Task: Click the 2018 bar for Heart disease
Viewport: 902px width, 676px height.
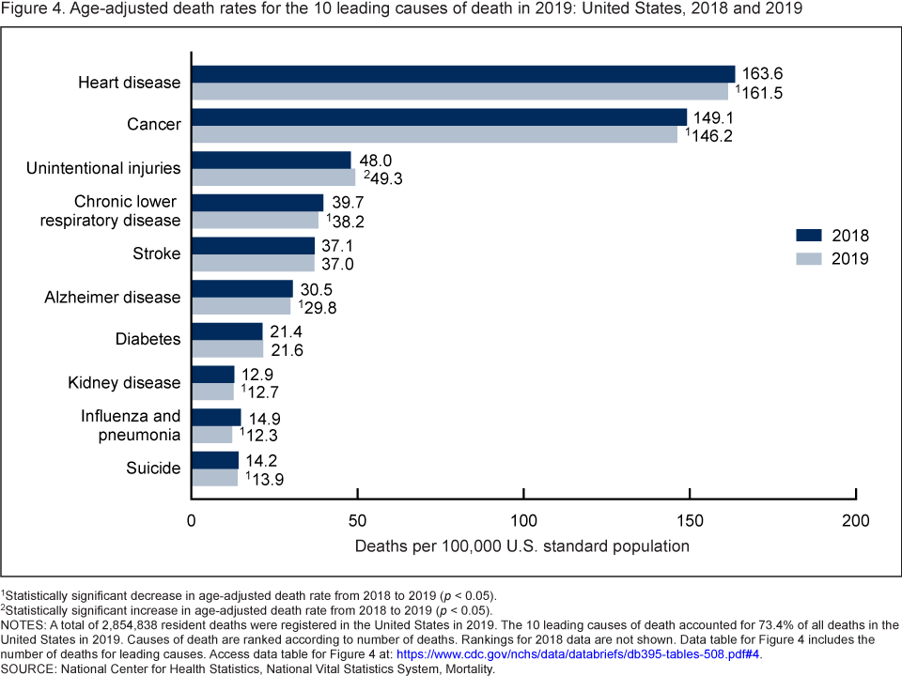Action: tap(463, 74)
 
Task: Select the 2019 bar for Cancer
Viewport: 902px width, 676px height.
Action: tap(434, 134)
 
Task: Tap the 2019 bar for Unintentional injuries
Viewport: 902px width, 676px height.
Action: tap(273, 177)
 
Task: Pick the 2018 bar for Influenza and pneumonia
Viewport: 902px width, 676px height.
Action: tap(216, 417)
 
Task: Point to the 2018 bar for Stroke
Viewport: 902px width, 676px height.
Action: tap(254, 245)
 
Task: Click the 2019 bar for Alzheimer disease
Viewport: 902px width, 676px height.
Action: tap(241, 306)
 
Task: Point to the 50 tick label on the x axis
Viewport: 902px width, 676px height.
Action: tap(358, 520)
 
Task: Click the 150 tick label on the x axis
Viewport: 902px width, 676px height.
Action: tap(690, 520)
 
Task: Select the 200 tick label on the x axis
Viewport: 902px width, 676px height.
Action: tap(856, 520)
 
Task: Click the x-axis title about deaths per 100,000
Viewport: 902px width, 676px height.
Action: tap(522, 545)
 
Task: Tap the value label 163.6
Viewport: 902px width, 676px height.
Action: tap(759, 74)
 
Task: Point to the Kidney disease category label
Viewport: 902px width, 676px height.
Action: tap(124, 383)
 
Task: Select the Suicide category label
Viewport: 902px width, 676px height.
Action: tap(153, 468)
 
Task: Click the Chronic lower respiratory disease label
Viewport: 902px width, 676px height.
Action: tap(128, 211)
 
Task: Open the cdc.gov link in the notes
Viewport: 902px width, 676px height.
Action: tap(578, 653)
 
